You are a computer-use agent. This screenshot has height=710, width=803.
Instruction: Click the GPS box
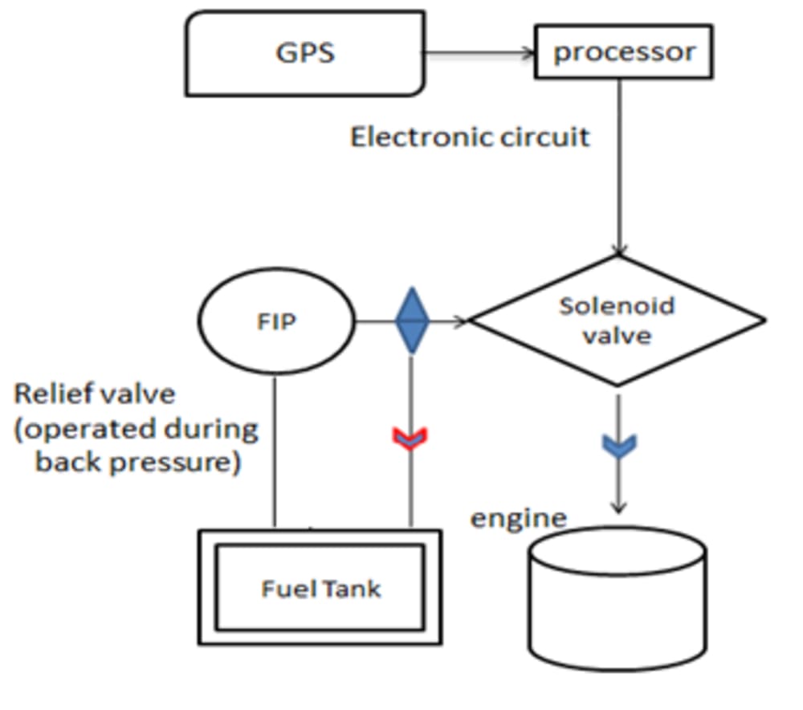[305, 53]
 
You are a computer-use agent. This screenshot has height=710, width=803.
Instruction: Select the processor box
[623, 53]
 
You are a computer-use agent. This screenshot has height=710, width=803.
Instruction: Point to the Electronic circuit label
[470, 137]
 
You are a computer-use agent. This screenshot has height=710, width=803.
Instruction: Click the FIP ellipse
[275, 322]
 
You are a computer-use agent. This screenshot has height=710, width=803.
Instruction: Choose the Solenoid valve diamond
[618, 320]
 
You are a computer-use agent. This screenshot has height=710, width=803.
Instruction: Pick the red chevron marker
[410, 438]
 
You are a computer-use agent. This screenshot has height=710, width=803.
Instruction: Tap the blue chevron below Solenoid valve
[618, 446]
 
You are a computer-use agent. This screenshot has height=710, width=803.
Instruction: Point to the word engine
[517, 519]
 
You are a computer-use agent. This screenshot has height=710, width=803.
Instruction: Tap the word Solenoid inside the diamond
[617, 306]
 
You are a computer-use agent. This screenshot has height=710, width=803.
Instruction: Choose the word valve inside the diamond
[617, 335]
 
